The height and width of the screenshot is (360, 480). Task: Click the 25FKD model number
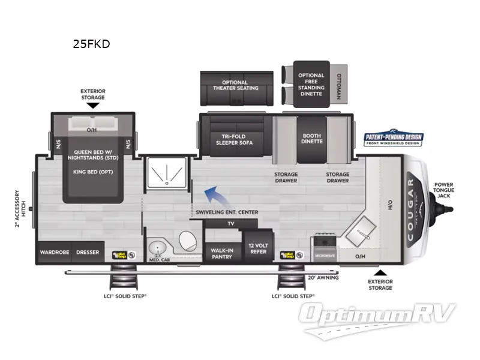(91, 44)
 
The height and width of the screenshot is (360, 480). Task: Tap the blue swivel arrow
(209, 194)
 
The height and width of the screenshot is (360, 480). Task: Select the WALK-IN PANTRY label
(221, 253)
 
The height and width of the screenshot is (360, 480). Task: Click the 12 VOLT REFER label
(259, 249)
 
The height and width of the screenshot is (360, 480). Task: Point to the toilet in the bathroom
(187, 241)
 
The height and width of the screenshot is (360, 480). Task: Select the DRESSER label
(88, 253)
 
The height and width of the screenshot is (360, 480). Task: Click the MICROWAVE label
(325, 256)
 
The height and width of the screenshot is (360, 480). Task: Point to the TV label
(230, 224)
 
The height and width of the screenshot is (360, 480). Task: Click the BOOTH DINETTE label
(312, 139)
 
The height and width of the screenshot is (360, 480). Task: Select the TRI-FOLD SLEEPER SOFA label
(234, 140)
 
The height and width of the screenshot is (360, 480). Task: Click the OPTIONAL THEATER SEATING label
(235, 85)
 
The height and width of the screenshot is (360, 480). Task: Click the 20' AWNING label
(323, 277)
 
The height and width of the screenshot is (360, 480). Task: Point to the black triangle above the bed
(92, 106)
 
